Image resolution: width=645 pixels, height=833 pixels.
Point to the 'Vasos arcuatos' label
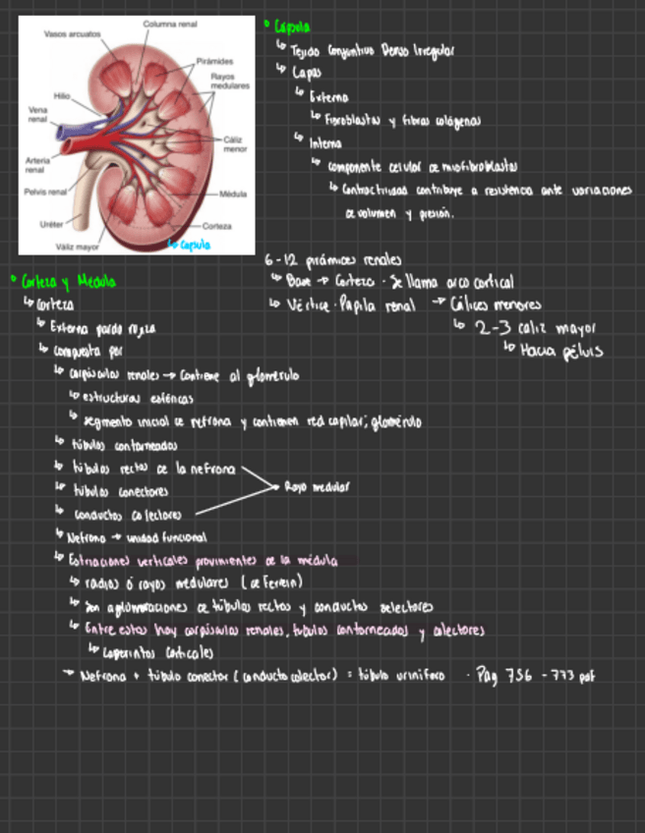pyautogui.click(x=73, y=33)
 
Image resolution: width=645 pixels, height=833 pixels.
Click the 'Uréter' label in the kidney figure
pyautogui.click(x=51, y=224)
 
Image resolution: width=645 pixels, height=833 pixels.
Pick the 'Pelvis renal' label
pyautogui.click(x=44, y=192)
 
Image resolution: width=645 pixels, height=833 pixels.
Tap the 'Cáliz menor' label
pyautogui.click(x=235, y=145)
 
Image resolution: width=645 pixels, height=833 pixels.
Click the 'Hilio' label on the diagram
pyautogui.click(x=62, y=96)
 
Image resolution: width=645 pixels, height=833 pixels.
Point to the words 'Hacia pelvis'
pyautogui.click(x=562, y=349)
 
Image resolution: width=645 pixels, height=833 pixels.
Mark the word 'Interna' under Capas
pyautogui.click(x=326, y=143)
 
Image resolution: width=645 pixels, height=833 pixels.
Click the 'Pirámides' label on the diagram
pyautogui.click(x=214, y=61)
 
